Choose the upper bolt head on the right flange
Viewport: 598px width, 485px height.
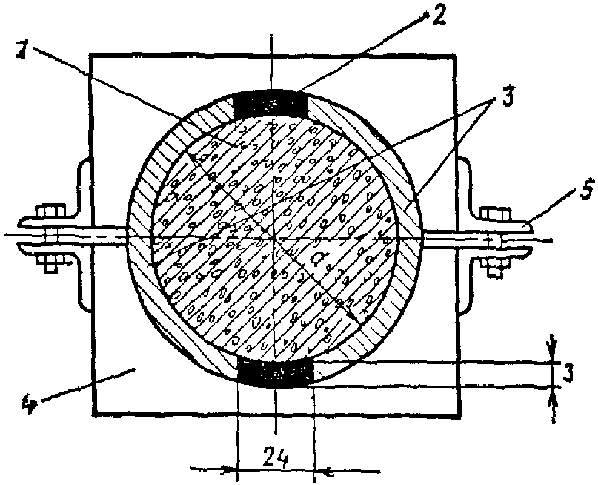494,214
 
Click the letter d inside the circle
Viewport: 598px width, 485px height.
319,260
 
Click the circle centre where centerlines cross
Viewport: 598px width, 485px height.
274,237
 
